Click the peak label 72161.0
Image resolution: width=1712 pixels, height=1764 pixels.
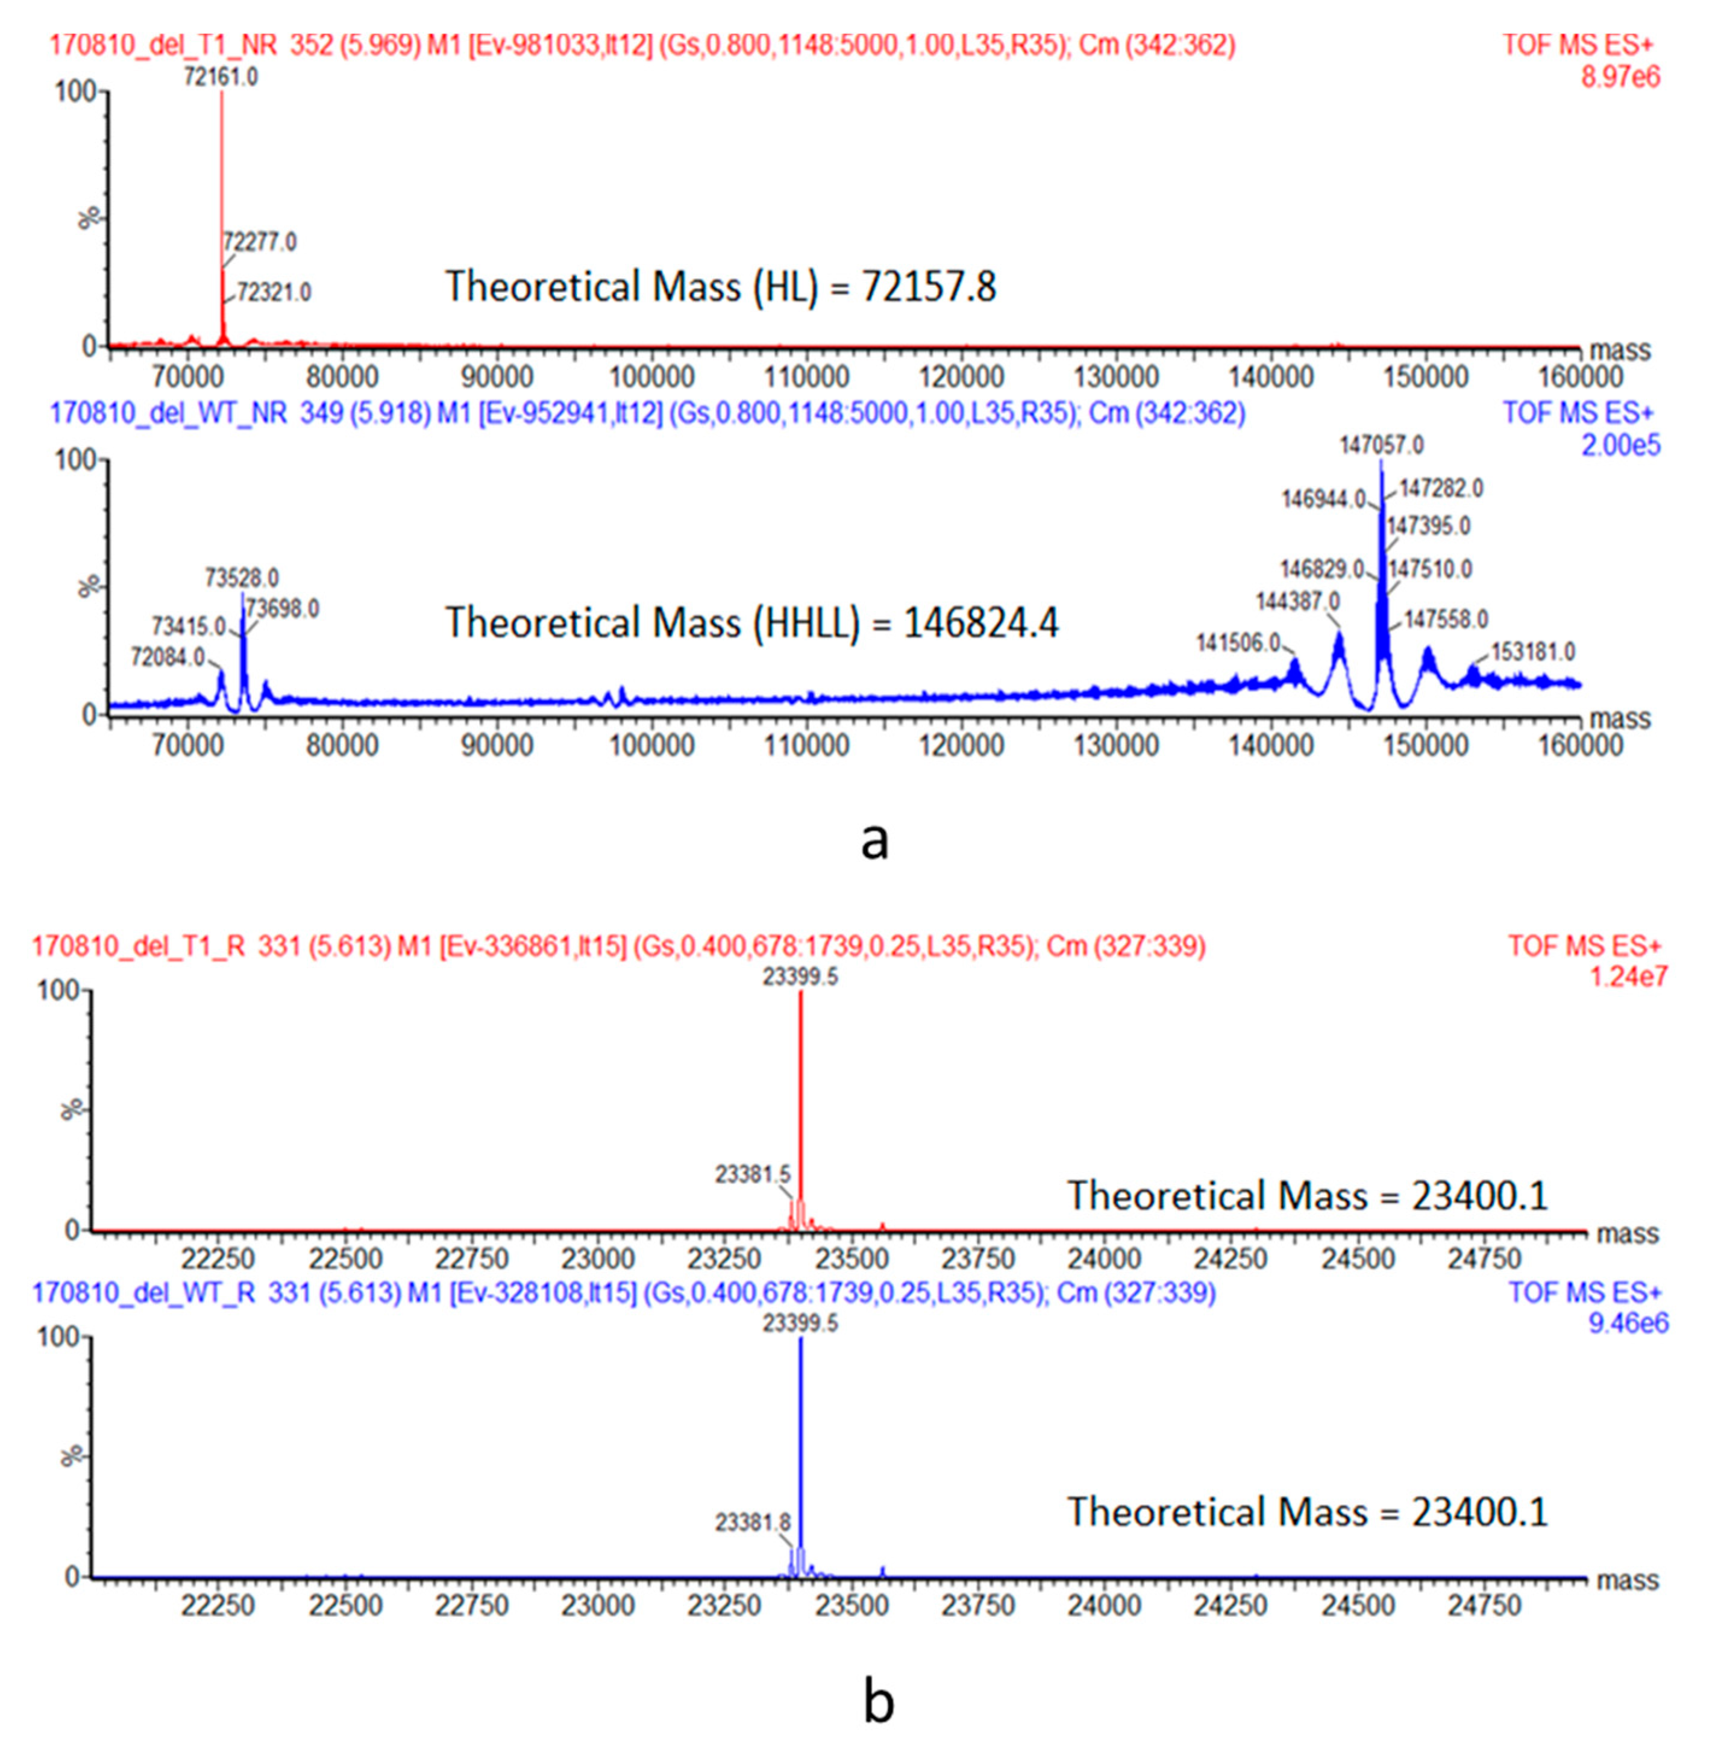(221, 77)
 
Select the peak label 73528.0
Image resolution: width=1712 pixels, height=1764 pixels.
(241, 577)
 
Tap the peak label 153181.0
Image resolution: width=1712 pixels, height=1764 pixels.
(1533, 651)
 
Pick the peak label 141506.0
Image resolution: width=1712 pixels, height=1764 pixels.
(1238, 643)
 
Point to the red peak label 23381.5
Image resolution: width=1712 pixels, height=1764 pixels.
(753, 1174)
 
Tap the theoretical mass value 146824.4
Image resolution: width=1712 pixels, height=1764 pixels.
(981, 623)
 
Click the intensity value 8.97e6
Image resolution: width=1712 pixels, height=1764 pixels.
(1620, 77)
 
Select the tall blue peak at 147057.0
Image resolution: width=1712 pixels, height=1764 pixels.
(1382, 558)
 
